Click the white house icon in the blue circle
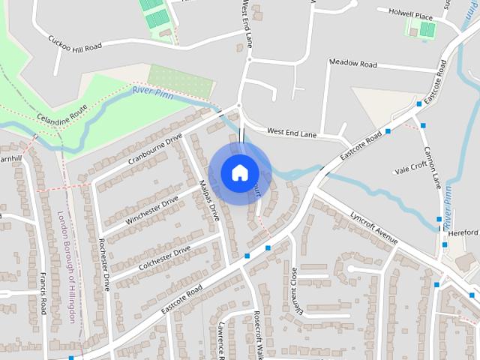tap(239, 172)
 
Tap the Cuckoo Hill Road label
tap(73, 43)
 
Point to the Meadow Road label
tap(352, 64)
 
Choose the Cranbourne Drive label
tap(155, 149)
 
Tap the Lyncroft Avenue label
tap(373, 226)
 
